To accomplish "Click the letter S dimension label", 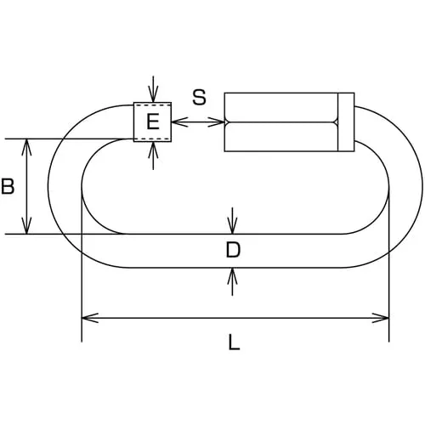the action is coord(199,97).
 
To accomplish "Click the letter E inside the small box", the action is coord(153,122).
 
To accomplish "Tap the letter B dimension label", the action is coord(8,186).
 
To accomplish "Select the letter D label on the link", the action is coord(233,250).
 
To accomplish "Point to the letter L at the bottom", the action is coord(234,342).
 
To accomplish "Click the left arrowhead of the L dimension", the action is coord(90,318).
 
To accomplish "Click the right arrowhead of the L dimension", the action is coord(381,318).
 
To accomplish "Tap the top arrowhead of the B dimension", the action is coord(26,147).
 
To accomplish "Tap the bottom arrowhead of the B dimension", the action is coord(26,225).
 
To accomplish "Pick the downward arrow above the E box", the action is coord(153,89).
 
